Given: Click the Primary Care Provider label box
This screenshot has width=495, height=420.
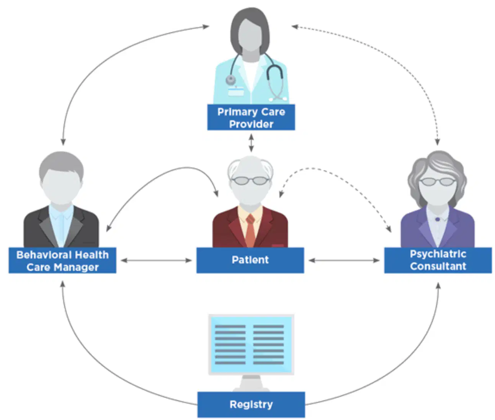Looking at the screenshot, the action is pos(251,117).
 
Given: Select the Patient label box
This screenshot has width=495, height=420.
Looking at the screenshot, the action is pos(250,260).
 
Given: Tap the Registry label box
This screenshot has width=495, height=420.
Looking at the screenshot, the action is pos(251,404).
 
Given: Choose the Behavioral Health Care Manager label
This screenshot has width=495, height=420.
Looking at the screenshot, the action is pos(62,260).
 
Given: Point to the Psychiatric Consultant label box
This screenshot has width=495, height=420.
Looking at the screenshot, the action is pos(438,260).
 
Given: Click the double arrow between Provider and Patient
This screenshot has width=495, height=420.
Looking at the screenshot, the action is pos(251,143).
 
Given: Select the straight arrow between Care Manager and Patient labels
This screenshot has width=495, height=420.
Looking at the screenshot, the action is pos(156,260).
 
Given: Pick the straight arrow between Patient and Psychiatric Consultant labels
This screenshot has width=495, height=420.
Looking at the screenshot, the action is pos(344,260).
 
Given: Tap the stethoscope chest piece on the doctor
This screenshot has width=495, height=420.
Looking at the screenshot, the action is pos(230,80).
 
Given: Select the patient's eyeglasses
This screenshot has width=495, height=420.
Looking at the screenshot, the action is pos(250,181).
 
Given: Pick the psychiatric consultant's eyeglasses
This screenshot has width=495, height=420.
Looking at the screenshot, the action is pos(438,182).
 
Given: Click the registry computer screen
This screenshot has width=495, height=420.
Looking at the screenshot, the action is pos(251,345).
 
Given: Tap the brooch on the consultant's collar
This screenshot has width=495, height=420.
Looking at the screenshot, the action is pos(438,219).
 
